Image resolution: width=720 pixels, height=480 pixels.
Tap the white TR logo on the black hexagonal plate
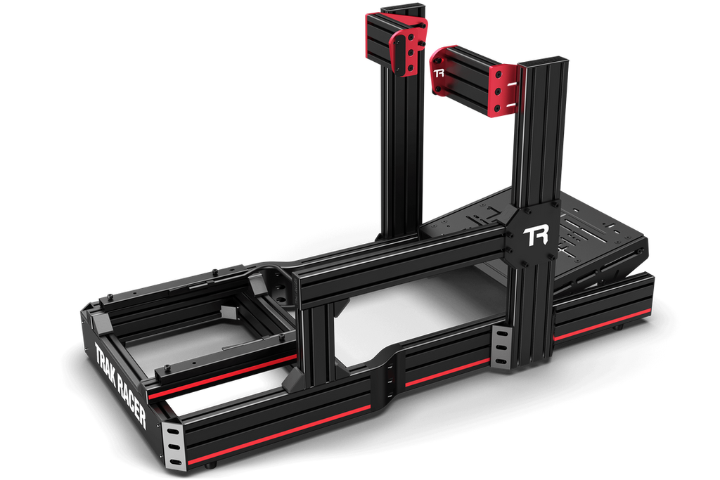(x=536, y=235)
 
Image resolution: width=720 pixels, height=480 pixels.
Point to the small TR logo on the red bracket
(x=439, y=72)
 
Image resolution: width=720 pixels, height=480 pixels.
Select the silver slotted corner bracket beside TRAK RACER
(x=173, y=443)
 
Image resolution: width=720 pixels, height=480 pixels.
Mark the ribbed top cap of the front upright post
(x=545, y=63)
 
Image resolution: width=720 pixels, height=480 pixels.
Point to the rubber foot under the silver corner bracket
(x=210, y=466)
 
